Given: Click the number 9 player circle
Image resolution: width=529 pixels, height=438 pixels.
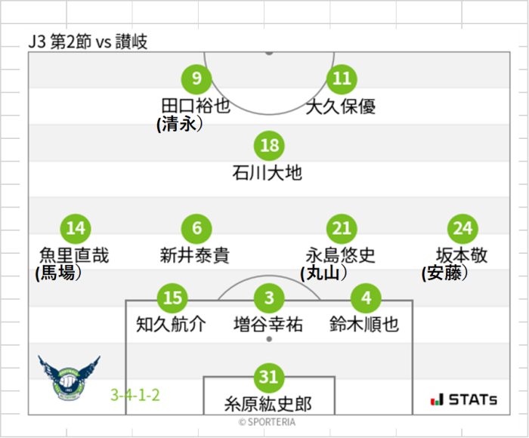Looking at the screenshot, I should [196, 78].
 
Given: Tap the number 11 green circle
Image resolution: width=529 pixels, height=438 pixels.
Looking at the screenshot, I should [342, 78].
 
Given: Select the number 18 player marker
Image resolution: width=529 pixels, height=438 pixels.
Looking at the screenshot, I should [269, 146].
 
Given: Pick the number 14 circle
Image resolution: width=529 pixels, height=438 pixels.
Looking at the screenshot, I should [75, 228].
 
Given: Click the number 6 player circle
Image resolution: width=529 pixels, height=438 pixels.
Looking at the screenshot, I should [196, 228].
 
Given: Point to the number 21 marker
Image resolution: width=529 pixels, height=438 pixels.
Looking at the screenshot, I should [342, 228].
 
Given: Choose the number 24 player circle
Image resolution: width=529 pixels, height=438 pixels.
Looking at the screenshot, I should [462, 228].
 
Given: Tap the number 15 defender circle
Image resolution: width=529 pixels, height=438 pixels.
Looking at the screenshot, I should [172, 298].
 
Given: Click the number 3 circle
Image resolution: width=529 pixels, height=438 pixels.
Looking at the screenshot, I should [269, 298].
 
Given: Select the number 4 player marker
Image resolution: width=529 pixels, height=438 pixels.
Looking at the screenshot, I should [366, 298].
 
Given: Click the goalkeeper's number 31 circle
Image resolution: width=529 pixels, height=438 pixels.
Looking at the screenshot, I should [269, 376].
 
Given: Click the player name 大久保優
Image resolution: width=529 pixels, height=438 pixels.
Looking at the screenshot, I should [341, 106].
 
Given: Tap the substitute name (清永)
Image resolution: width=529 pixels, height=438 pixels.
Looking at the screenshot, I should [180, 124].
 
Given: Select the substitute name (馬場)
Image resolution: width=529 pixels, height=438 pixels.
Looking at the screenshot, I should [58, 273].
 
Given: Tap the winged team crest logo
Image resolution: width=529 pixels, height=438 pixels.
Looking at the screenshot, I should [69, 378].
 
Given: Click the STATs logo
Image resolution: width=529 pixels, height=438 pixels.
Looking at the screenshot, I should [463, 399].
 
